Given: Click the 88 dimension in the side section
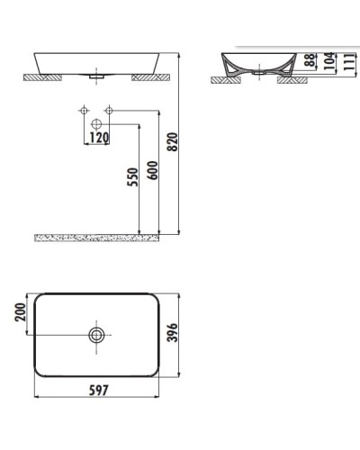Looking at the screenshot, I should coord(309,61).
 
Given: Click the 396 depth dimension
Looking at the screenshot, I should coord(184,335).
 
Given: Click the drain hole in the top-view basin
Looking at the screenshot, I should coord(96,335).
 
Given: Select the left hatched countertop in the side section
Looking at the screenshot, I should coord(226,80).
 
